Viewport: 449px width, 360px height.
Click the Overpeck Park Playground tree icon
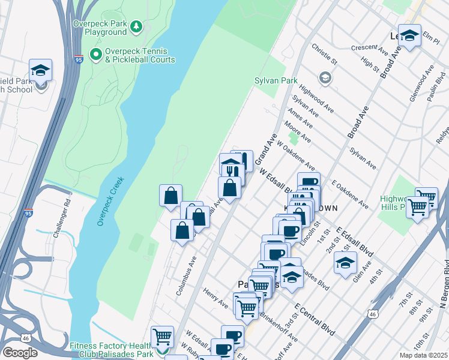click(137, 26)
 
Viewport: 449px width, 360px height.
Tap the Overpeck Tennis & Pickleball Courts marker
click(95, 55)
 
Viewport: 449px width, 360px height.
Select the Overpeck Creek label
click(110, 200)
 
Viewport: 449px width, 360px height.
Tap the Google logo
click(20, 352)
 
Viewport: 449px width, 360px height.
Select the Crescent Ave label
click(371, 47)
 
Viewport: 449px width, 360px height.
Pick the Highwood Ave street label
click(316, 98)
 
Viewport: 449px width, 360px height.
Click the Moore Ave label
click(298, 130)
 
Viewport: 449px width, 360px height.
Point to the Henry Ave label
click(216, 298)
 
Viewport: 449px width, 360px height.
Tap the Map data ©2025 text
click(423, 355)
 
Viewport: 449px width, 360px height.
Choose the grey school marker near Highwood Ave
click(325, 77)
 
